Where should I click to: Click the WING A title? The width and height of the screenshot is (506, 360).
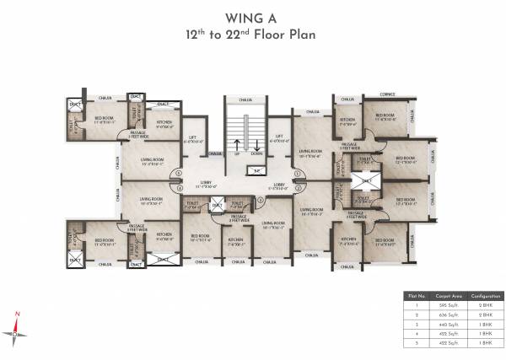click(253, 18)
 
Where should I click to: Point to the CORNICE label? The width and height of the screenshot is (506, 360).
click(387, 95)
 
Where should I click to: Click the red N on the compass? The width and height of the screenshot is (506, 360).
click(16, 314)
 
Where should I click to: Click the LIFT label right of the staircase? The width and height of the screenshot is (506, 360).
click(279, 137)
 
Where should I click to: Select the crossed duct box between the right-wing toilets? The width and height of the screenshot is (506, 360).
click(365, 180)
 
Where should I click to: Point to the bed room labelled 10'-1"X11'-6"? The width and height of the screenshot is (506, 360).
click(200, 237)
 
